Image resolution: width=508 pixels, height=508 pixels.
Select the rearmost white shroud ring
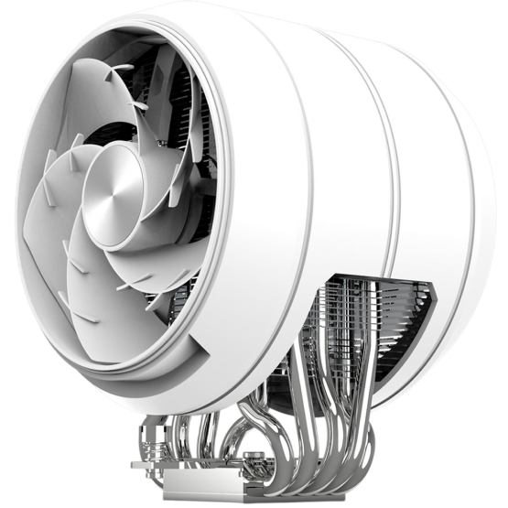pyautogui.click(x=449, y=183)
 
